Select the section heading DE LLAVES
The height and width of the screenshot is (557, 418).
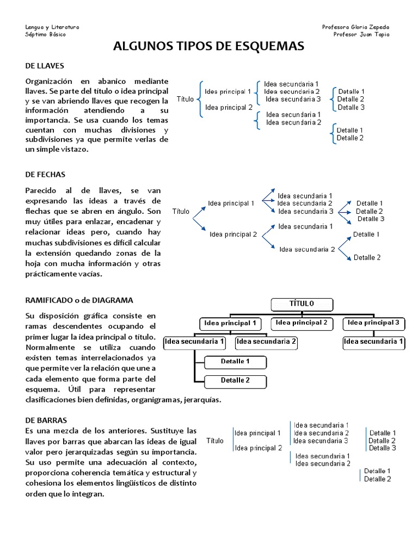pyautogui.click(x=45, y=66)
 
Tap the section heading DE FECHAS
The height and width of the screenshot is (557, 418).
pyautogui.click(x=45, y=175)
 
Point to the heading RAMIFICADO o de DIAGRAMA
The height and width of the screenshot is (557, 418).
pyautogui.click(x=79, y=300)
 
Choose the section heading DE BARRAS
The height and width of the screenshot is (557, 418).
pyautogui.click(x=46, y=420)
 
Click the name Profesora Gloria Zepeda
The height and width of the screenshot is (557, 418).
pyautogui.click(x=355, y=27)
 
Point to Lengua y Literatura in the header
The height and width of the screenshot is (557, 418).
pyautogui.click(x=52, y=27)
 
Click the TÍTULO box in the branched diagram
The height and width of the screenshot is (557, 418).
pyautogui.click(x=302, y=304)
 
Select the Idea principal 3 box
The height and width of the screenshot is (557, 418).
pyautogui.click(x=373, y=323)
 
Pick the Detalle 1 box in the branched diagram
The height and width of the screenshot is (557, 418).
pyautogui.click(x=235, y=362)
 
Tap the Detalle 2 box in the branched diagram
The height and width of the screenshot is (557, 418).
pyautogui.click(x=235, y=381)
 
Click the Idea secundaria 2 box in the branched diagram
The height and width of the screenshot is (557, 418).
pyautogui.click(x=267, y=342)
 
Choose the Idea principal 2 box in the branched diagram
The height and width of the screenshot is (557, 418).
pyautogui.click(x=302, y=323)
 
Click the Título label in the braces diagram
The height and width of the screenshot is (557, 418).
pyautogui.click(x=185, y=99)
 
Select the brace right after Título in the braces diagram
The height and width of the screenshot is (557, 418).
pyautogui.click(x=199, y=99)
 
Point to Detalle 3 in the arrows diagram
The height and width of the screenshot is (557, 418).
pyautogui.click(x=371, y=219)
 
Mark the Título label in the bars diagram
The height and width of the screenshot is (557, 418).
pyautogui.click(x=214, y=441)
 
